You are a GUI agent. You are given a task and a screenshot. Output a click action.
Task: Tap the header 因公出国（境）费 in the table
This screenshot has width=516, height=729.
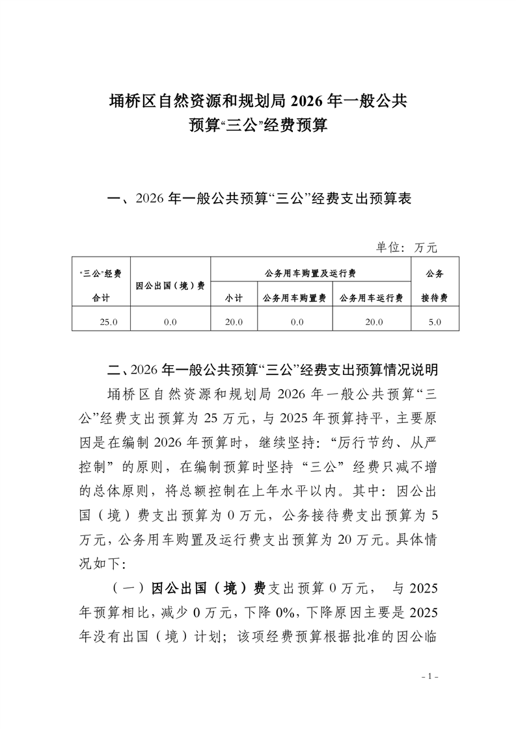point(170,285)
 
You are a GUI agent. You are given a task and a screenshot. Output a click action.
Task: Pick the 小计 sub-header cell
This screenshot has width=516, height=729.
point(234,298)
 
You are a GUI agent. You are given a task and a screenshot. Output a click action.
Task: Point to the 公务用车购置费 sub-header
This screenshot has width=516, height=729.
point(294,298)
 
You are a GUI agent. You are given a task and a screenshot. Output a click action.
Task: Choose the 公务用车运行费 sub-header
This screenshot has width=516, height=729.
point(372,298)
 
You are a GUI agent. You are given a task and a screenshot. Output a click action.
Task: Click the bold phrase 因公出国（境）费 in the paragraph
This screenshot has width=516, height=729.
point(208,588)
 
